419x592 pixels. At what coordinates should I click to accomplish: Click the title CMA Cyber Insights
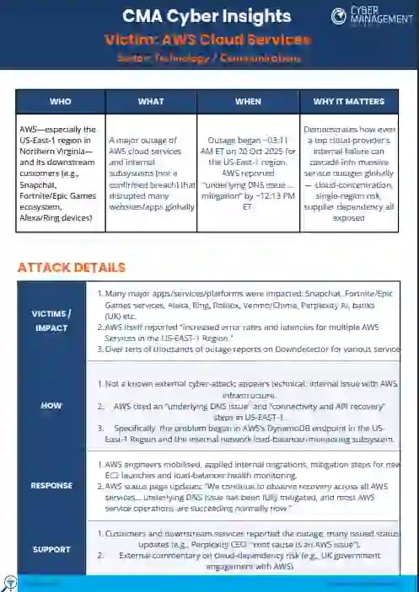pyautogui.click(x=206, y=16)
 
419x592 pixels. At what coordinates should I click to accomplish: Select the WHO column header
pyautogui.click(x=61, y=101)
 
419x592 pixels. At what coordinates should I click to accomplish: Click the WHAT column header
pyautogui.click(x=151, y=101)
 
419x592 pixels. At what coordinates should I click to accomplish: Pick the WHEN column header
pyautogui.click(x=248, y=101)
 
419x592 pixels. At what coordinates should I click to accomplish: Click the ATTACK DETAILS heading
pyautogui.click(x=72, y=267)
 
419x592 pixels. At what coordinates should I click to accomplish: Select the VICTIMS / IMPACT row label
pyautogui.click(x=51, y=320)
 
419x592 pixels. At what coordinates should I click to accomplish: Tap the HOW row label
pyautogui.click(x=51, y=406)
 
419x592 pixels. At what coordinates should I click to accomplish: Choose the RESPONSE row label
pyautogui.click(x=51, y=485)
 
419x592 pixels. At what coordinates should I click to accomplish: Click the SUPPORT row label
pyautogui.click(x=51, y=548)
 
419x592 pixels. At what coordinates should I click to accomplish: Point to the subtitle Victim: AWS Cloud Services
pyautogui.click(x=206, y=40)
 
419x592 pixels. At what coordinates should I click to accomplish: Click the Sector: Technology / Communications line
pyautogui.click(x=206, y=59)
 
